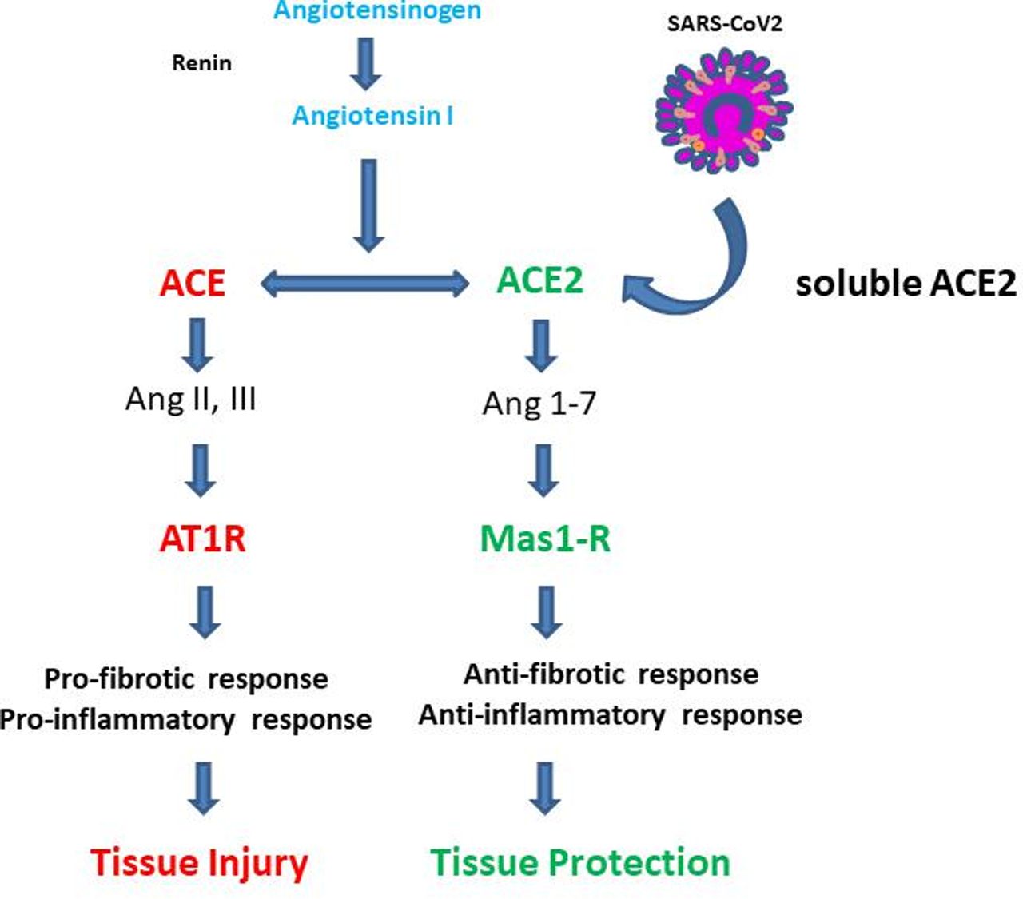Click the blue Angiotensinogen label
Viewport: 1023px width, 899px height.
click(x=377, y=11)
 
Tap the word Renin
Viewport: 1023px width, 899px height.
click(x=202, y=63)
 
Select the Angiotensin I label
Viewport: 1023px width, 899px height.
click(x=372, y=116)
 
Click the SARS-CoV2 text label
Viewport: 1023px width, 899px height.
click(x=725, y=24)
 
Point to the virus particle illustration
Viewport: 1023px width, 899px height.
click(x=724, y=110)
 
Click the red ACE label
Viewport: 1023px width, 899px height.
click(x=193, y=284)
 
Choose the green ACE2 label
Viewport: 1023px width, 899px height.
click(x=539, y=280)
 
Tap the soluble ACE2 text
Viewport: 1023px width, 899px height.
click(x=906, y=284)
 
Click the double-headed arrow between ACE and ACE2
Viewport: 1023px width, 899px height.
click(x=365, y=283)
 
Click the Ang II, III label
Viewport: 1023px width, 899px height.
click(x=191, y=400)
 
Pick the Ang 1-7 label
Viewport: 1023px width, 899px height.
click(x=539, y=404)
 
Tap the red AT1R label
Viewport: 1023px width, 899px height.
click(x=202, y=539)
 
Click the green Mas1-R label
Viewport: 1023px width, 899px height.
click(x=545, y=539)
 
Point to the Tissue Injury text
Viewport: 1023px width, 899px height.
click(x=200, y=863)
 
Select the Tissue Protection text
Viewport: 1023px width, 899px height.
click(x=581, y=862)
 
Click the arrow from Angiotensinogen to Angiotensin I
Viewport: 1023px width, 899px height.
click(x=365, y=64)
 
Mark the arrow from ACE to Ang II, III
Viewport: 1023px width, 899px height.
click(x=197, y=345)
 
